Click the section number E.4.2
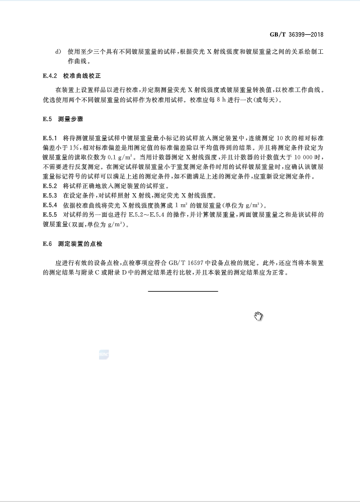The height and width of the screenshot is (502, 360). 51,76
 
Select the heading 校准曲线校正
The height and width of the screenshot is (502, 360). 82,76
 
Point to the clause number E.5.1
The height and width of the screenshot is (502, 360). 51,137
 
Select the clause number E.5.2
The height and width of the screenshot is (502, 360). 51,186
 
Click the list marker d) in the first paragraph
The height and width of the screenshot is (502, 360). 57,52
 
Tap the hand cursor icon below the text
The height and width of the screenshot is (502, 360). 258,316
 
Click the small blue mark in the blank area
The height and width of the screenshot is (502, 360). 104,355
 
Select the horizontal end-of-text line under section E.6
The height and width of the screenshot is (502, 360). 183,291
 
